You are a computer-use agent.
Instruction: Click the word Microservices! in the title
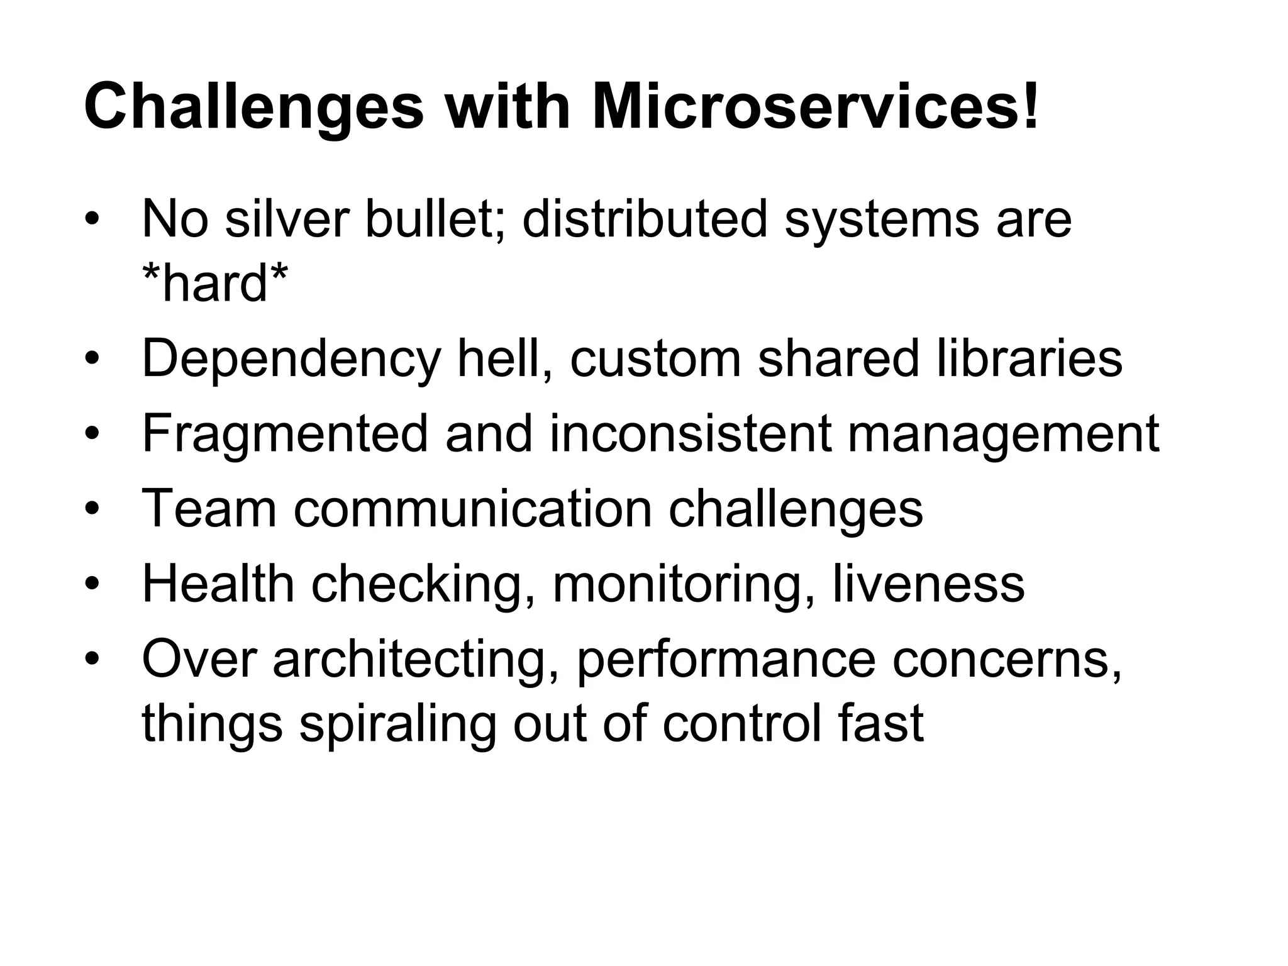point(816,107)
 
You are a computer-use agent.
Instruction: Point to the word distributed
point(645,219)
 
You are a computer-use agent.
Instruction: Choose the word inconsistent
point(690,434)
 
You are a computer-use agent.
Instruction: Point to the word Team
point(209,508)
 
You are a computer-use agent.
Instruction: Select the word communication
point(472,508)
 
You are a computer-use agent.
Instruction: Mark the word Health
point(218,584)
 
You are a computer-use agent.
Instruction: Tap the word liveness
point(928,584)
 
